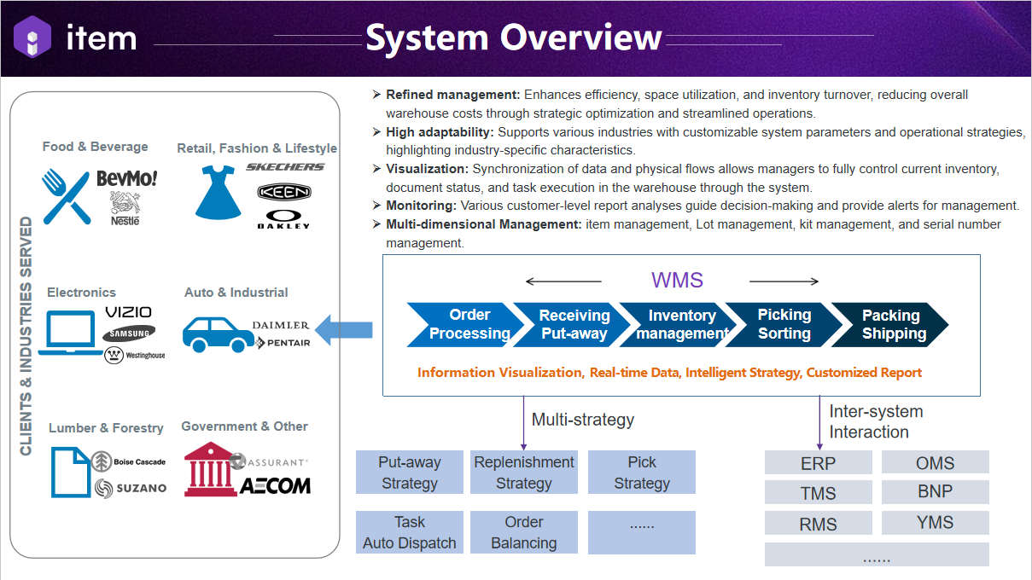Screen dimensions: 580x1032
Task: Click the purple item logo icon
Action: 32,38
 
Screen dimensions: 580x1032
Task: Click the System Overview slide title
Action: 513,38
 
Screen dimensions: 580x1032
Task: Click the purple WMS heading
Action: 677,280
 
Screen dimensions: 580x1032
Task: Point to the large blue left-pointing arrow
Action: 344,328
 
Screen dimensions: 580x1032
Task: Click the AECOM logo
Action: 275,486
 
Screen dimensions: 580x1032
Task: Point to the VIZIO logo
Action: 128,312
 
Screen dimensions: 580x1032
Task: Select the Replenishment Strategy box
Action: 523,473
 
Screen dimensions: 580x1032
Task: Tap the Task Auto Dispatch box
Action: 410,532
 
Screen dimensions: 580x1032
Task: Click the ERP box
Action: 818,463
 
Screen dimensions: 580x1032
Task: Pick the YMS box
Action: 935,523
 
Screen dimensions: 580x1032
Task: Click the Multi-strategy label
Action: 583,419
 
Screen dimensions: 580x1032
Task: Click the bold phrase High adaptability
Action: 439,132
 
